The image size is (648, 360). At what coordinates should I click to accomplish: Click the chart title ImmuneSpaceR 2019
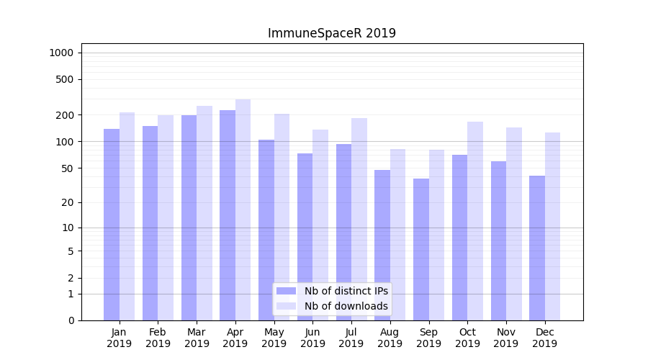[331, 33]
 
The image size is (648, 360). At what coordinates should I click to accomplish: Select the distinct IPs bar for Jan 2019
[112, 223]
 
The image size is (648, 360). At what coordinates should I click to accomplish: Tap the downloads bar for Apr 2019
[243, 209]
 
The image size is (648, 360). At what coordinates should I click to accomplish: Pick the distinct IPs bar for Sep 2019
[421, 248]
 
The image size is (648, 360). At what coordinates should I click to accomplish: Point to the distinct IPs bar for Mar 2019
[189, 216]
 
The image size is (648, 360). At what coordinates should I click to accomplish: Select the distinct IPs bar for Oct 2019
[459, 238]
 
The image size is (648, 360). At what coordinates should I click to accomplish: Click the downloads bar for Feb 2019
[166, 216]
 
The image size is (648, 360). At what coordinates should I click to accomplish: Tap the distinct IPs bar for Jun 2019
[305, 238]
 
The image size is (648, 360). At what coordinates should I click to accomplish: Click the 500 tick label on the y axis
[65, 79]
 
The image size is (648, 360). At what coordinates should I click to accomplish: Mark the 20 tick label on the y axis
[68, 202]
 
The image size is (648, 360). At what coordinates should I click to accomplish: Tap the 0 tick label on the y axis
[71, 320]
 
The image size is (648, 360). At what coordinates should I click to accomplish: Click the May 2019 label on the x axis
[274, 338]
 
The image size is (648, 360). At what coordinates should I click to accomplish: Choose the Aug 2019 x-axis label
[390, 338]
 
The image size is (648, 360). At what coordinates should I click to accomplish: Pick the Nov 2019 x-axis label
[506, 338]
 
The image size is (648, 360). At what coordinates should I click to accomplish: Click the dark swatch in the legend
[287, 291]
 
